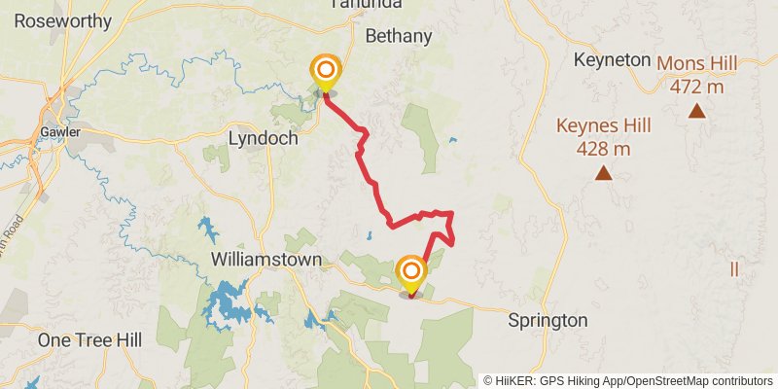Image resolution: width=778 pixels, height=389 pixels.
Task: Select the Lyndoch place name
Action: pyautogui.click(x=262, y=138)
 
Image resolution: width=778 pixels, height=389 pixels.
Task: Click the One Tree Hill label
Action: pyautogui.click(x=89, y=339)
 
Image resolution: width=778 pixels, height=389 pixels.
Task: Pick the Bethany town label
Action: pyautogui.click(x=398, y=36)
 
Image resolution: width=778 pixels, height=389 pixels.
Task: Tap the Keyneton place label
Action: pyautogui.click(x=612, y=59)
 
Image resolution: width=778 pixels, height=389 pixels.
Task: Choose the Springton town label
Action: pyautogui.click(x=549, y=320)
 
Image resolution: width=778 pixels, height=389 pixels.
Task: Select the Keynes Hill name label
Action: pyautogui.click(x=603, y=125)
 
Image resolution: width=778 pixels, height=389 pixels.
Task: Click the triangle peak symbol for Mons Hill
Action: pyautogui.click(x=696, y=111)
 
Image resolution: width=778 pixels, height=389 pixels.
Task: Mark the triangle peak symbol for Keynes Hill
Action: pyautogui.click(x=603, y=174)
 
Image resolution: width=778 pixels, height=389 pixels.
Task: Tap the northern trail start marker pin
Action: pyautogui.click(x=326, y=71)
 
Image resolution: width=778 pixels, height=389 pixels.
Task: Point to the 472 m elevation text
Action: pyautogui.click(x=696, y=87)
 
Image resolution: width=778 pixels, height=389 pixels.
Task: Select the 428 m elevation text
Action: pyautogui.click(x=603, y=149)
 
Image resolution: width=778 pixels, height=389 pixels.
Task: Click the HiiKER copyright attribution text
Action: pyautogui.click(x=628, y=380)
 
